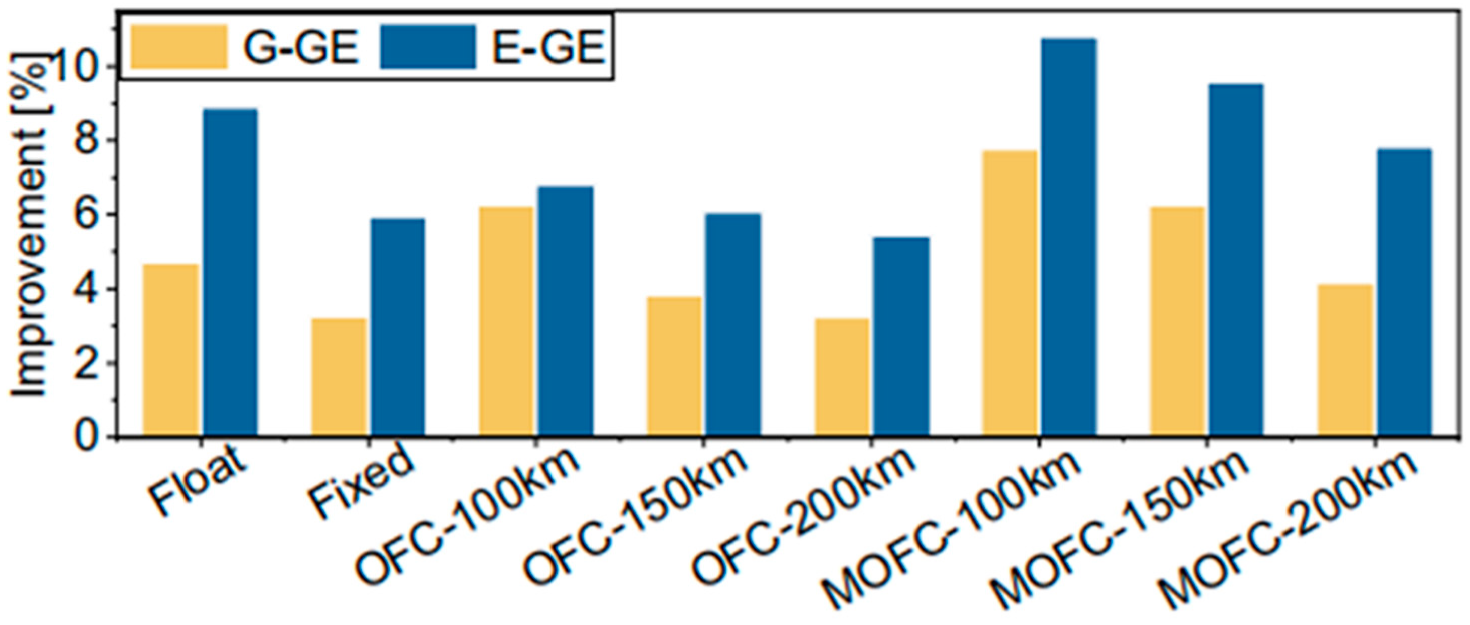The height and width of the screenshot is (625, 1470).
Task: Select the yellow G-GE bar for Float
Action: [170, 350]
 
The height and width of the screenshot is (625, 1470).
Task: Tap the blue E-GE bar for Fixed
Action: [398, 328]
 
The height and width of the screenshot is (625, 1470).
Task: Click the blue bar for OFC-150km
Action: [732, 325]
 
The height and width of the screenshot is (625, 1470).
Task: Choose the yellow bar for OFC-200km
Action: [842, 377]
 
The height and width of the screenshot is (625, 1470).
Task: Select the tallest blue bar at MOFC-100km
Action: [1068, 237]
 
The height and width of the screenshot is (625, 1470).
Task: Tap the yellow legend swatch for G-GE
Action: [178, 46]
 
